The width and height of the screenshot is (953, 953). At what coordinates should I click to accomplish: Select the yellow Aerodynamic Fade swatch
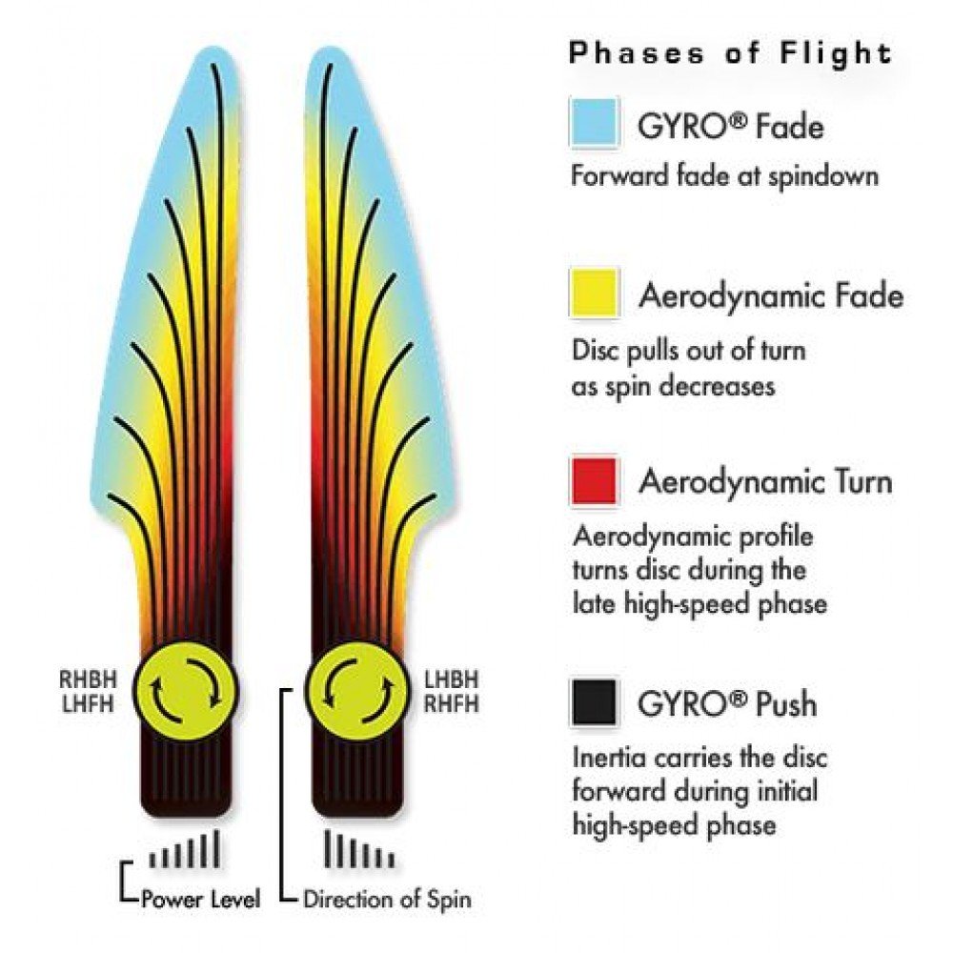tap(595, 294)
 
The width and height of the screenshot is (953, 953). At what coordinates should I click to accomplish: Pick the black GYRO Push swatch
tap(595, 702)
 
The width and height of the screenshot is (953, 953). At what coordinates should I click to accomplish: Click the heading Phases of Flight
tap(729, 53)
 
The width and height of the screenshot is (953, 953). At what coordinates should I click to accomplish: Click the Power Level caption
tap(200, 898)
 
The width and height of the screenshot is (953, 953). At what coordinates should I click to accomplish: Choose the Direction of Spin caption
tap(386, 898)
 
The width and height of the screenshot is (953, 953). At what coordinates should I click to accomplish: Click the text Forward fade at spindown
tap(724, 176)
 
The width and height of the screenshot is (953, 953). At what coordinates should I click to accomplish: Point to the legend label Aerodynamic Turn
tap(765, 481)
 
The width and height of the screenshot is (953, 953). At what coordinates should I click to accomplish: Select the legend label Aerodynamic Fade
tap(770, 295)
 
